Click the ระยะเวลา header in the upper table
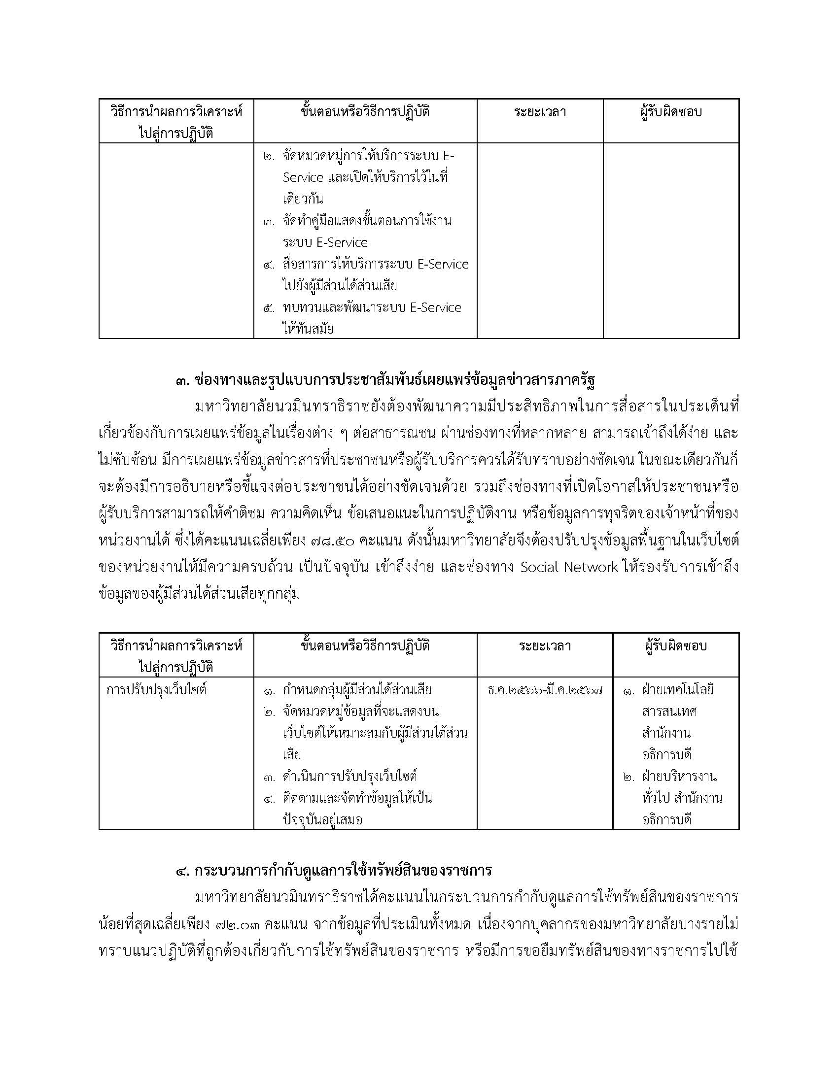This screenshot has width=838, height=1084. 540,112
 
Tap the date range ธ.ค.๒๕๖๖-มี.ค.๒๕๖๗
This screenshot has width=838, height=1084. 545,690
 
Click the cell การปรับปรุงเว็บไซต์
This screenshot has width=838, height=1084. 156,690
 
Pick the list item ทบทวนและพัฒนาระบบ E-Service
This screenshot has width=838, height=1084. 372,308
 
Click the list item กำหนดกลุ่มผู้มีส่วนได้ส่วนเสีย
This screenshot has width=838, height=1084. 357,690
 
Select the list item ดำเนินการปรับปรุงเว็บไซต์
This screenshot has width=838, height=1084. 349,776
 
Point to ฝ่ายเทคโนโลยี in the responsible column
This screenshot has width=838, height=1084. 677,690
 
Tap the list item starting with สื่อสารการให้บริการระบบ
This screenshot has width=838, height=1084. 375,265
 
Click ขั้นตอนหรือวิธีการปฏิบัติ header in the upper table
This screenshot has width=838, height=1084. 365,112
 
